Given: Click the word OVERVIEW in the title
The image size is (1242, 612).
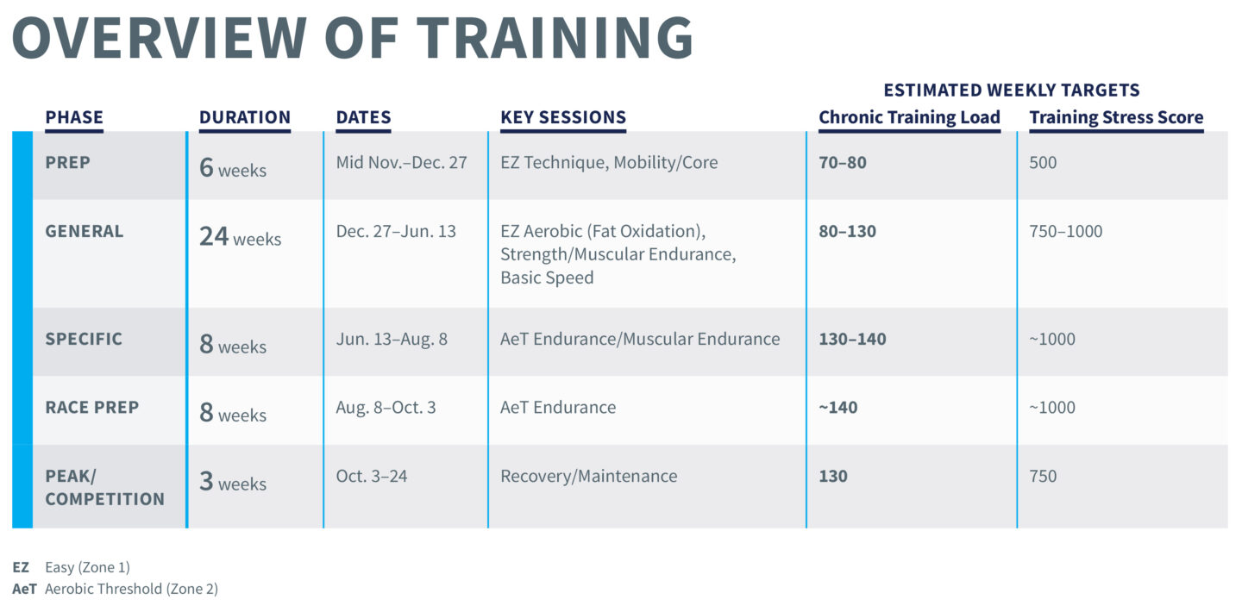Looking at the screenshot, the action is coord(160,38).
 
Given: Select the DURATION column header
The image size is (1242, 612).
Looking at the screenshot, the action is coord(245,117).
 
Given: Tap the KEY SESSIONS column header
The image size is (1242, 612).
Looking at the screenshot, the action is coord(562,117).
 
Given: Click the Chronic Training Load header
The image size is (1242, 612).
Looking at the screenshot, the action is coord(909,117).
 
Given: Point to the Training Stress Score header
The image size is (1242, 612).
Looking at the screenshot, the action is coord(1116,117).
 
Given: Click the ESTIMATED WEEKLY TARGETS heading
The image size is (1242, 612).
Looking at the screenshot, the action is coord(1012,90).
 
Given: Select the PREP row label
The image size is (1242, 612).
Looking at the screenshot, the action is coord(67,162).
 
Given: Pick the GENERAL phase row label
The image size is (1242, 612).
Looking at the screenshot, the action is coord(85,231).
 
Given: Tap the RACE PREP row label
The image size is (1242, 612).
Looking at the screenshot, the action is coord(92,408).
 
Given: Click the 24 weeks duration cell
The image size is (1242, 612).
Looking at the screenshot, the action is coord(240,237).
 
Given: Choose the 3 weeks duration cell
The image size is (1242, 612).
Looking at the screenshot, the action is coord(233,482).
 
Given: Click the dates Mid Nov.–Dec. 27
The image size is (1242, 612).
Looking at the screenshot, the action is coord(401,162).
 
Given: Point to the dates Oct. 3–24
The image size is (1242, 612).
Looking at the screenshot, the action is coord(372,476).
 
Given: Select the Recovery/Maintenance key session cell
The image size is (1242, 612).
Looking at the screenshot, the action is coord(589,476).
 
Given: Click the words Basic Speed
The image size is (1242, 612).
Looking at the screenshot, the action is coord(547,278).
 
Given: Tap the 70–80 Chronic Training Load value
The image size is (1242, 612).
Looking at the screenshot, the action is coord(842,162).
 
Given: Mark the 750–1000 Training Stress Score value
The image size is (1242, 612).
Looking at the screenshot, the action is coord(1066,231).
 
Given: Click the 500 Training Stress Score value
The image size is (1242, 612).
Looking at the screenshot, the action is coord(1043,162).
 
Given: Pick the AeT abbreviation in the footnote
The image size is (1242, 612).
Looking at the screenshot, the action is coord(24,589).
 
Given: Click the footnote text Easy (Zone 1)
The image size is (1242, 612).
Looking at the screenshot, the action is coord(88,567).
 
